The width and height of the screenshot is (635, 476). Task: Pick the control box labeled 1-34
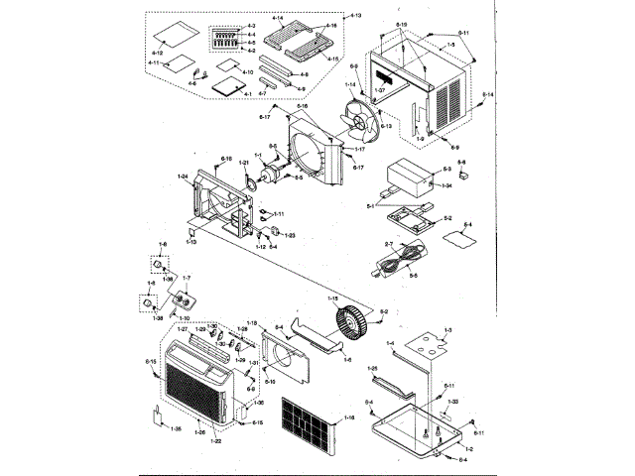pyautogui.click(x=411, y=179)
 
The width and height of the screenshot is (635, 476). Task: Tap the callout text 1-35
pyautogui.click(x=176, y=428)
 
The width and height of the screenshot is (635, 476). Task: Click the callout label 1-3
pyautogui.click(x=447, y=329)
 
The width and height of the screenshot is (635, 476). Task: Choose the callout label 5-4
pyautogui.click(x=469, y=225)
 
